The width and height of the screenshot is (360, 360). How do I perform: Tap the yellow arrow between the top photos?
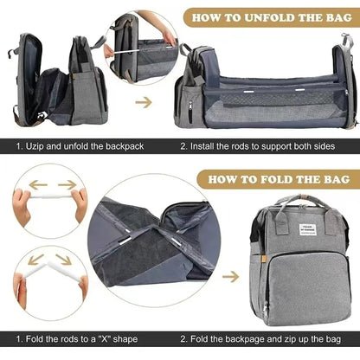[x=144, y=101]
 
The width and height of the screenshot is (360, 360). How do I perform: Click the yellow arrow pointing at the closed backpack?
[x=231, y=278]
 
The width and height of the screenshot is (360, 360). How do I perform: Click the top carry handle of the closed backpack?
[x=307, y=201]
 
